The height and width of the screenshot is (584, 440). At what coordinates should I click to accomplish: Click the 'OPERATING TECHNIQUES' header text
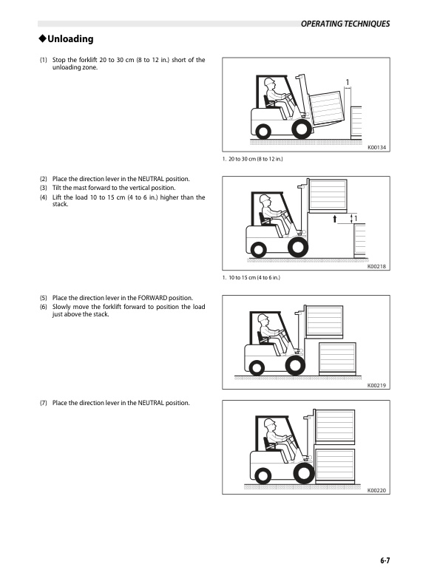345,24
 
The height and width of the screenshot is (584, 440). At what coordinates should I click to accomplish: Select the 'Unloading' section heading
70,38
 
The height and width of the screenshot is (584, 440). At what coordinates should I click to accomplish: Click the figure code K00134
377,148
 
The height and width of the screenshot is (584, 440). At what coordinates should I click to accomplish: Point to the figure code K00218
377,267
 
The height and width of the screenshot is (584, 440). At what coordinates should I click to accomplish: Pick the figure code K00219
377,385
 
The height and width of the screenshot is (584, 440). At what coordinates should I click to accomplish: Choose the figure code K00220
377,491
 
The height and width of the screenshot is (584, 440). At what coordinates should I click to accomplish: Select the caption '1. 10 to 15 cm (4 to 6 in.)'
251,278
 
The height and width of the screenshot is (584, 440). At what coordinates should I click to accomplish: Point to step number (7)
44,403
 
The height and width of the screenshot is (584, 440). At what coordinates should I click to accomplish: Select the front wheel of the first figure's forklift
301,129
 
